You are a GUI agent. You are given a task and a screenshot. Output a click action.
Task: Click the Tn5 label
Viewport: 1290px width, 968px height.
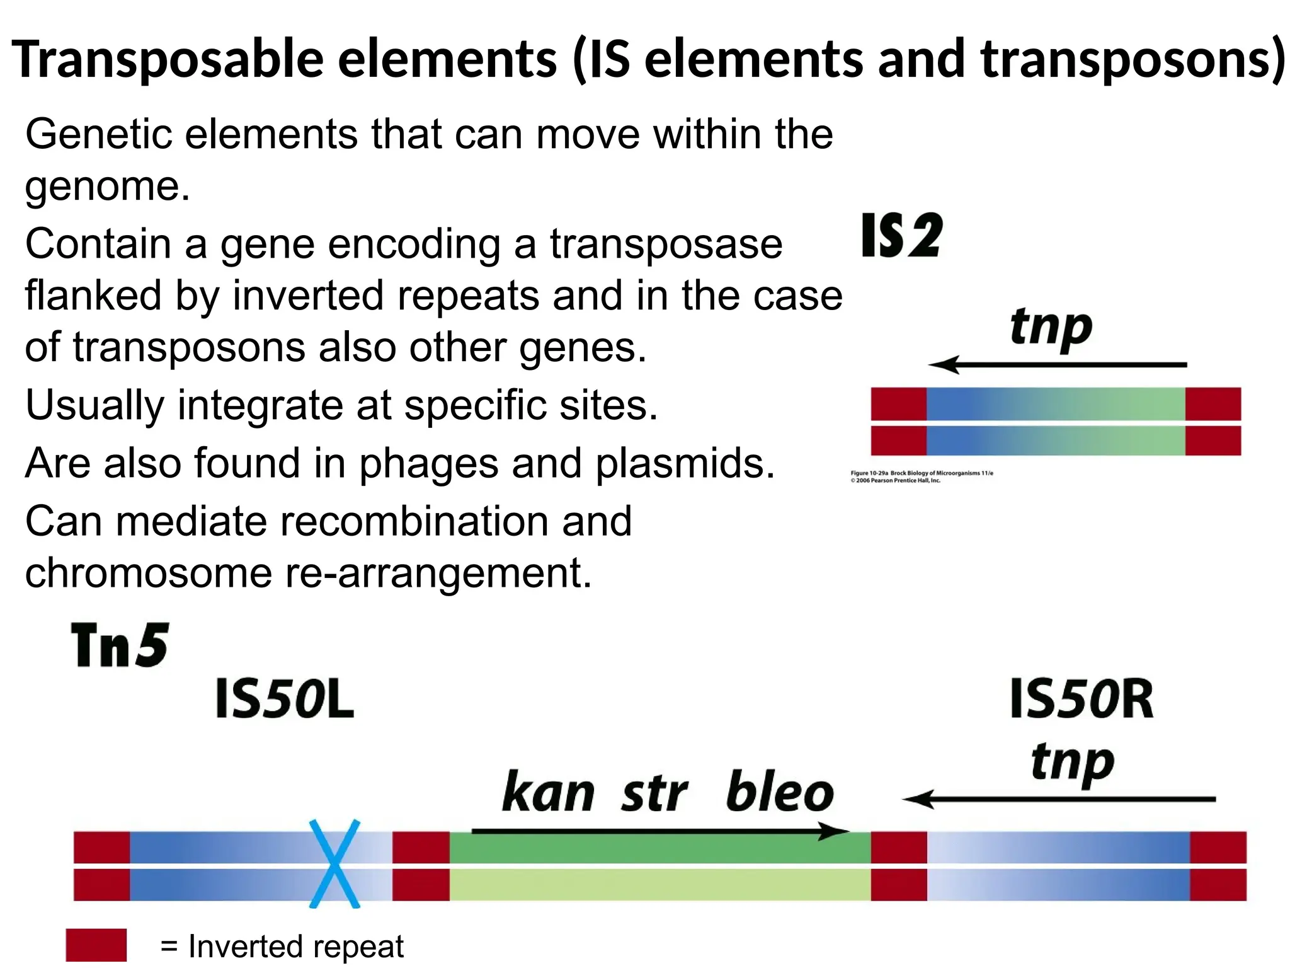120,645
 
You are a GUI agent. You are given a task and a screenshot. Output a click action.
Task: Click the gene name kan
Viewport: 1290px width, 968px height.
548,792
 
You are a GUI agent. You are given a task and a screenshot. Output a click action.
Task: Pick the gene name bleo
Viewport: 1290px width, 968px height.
779,792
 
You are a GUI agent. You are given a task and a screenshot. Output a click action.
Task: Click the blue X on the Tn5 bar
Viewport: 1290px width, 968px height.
334,863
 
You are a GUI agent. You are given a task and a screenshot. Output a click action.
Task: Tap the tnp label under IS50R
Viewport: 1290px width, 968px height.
1072,763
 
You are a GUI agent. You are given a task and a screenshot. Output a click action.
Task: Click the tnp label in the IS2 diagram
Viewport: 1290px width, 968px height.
1051,328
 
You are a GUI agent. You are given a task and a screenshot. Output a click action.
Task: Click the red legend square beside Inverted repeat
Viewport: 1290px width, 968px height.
96,945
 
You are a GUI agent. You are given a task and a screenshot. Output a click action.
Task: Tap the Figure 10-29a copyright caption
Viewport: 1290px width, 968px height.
921,476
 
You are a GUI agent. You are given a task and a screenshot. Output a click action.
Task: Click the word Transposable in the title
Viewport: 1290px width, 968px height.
168,59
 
